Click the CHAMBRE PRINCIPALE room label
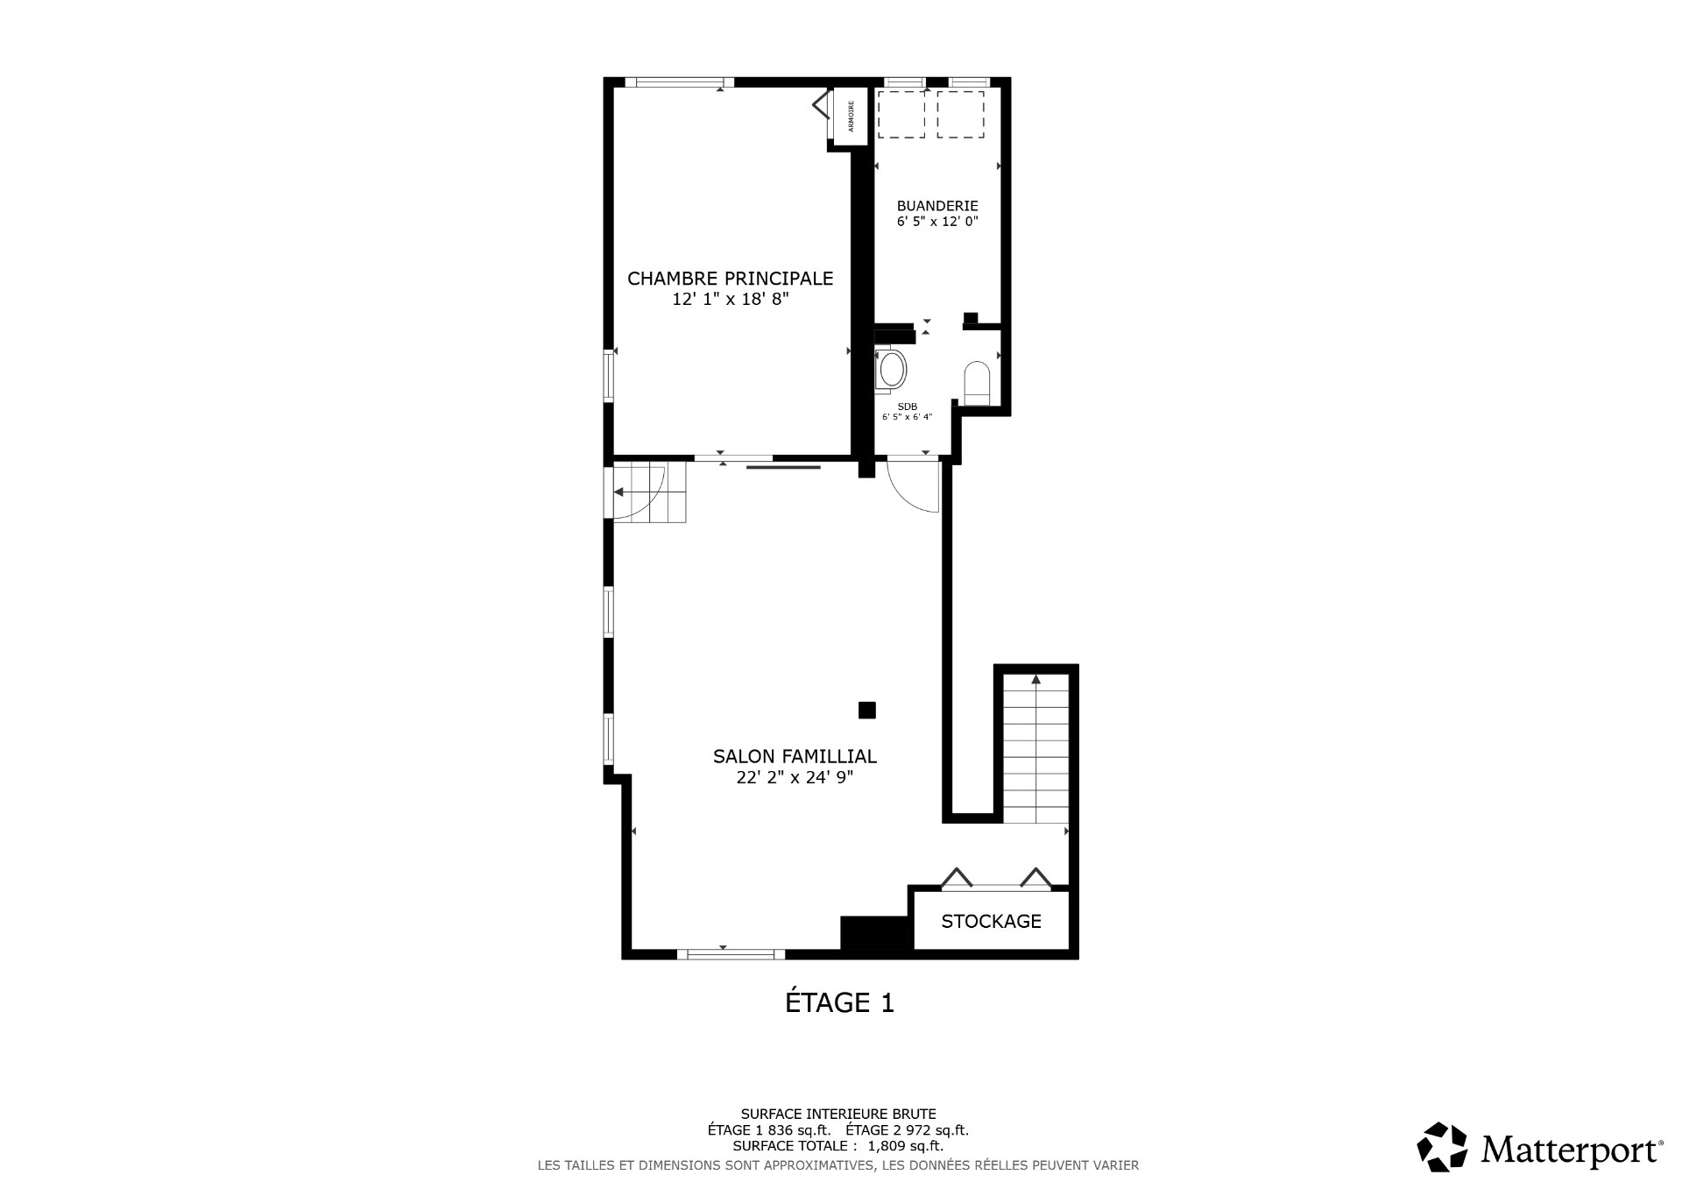pyautogui.click(x=730, y=279)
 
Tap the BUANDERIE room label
pyautogui.click(x=937, y=206)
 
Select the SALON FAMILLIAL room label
pyautogui.click(x=795, y=756)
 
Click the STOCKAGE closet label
pyautogui.click(x=991, y=921)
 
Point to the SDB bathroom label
pyautogui.click(x=907, y=407)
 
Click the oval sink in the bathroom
pyautogui.click(x=892, y=369)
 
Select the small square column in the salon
pyautogui.click(x=866, y=710)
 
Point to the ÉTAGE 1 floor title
pyautogui.click(x=839, y=1002)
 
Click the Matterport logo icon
pyautogui.click(x=1442, y=1146)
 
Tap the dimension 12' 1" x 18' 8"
pyautogui.click(x=731, y=299)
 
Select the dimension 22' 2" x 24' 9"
pyautogui.click(x=795, y=777)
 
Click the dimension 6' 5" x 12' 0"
pyautogui.click(x=937, y=222)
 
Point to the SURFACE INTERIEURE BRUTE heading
pyautogui.click(x=838, y=1115)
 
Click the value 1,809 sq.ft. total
pyautogui.click(x=906, y=1145)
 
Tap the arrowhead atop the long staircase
pyautogui.click(x=1036, y=678)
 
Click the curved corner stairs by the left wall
pyautogui.click(x=649, y=493)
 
